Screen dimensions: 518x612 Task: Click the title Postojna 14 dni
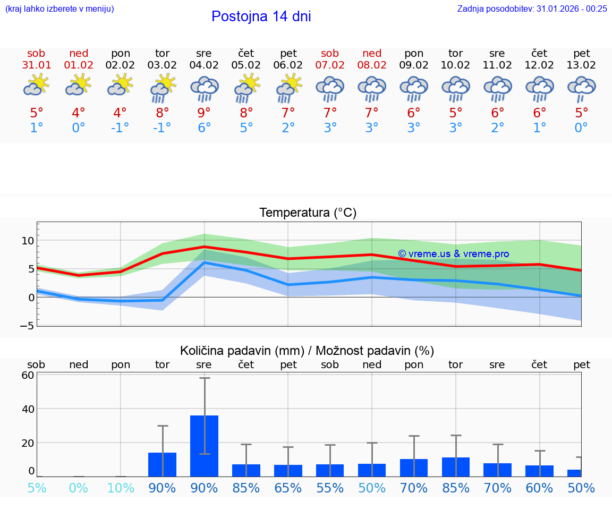pos(261,16)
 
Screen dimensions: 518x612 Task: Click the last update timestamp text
pos(532,9)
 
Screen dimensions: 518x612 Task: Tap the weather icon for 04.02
pos(204,88)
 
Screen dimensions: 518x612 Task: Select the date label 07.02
pos(330,65)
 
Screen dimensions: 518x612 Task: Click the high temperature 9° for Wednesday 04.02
pos(204,113)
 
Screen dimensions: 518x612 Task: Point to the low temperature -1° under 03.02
pos(162,128)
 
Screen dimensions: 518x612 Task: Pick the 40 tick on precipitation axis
pos(28,409)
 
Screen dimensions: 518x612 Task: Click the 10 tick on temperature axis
pos(28,241)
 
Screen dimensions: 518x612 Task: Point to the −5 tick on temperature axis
pos(27,325)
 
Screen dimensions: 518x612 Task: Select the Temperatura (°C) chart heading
pos(308,213)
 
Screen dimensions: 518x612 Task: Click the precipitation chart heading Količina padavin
pos(307,350)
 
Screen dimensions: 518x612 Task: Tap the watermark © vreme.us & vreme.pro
pos(453,254)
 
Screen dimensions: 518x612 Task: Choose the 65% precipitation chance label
pos(288,488)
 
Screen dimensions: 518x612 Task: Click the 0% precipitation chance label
pos(78,488)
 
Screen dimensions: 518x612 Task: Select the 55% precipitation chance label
pos(330,488)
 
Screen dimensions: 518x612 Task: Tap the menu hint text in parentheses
pos(59,9)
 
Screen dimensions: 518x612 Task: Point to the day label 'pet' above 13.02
pos(582,53)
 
